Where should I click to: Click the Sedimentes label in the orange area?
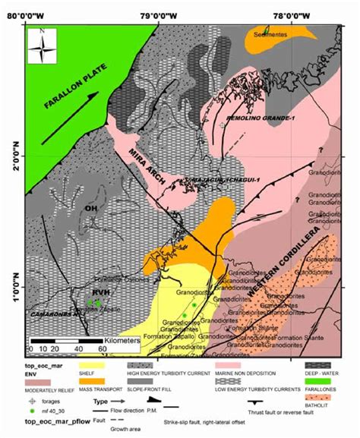coord(272,35)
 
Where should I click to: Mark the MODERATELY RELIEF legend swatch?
coord(32,385)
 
